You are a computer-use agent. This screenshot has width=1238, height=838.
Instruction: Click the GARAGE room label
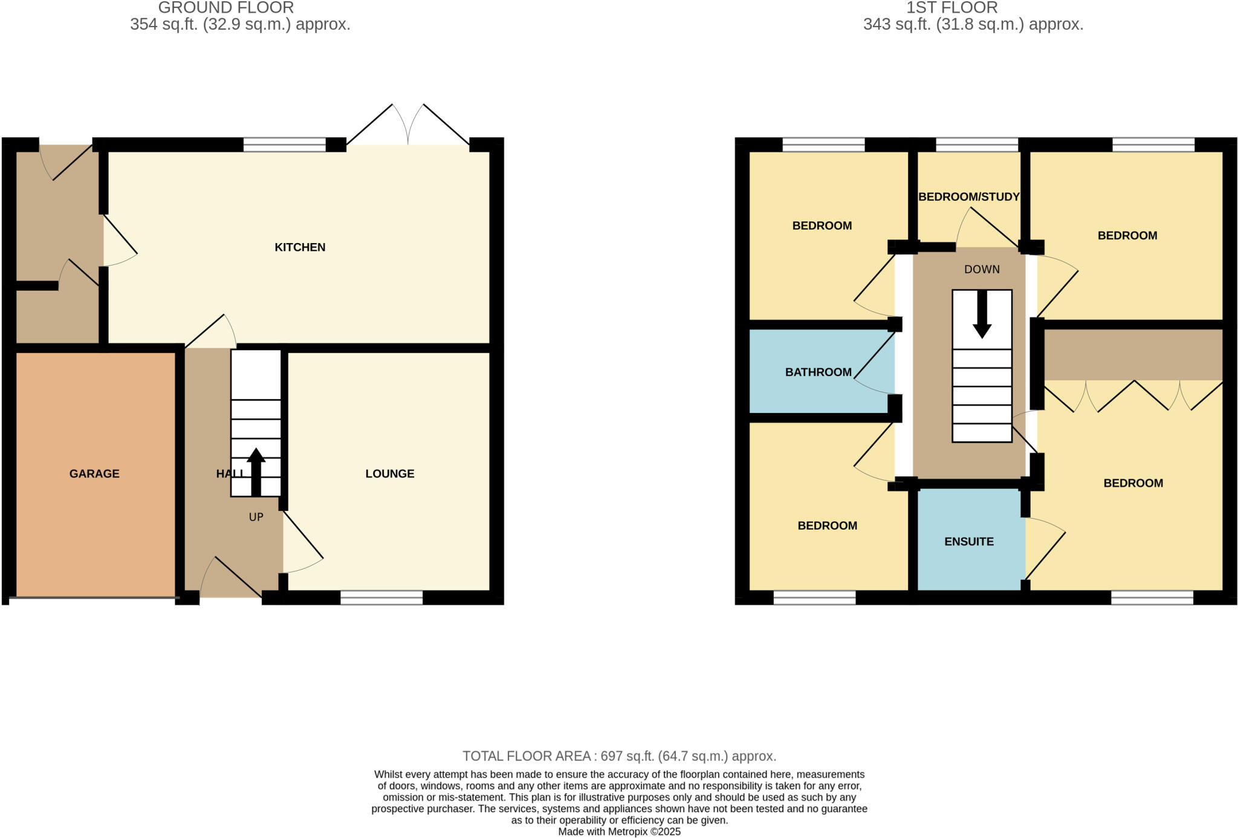94,473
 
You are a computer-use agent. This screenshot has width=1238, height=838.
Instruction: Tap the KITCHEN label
300,247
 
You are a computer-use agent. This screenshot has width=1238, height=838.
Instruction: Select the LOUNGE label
390,473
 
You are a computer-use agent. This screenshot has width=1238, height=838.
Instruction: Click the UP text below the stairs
256,517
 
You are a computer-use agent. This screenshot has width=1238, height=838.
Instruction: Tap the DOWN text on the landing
982,269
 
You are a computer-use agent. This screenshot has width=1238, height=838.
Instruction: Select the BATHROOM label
818,372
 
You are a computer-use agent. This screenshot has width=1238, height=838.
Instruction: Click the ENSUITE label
969,541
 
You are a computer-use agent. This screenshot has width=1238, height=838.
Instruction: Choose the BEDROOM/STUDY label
968,197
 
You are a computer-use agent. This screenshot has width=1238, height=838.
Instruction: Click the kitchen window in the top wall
284,145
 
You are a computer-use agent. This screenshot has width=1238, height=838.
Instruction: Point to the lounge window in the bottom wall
381,598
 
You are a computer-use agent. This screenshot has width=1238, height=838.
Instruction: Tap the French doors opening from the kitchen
408,130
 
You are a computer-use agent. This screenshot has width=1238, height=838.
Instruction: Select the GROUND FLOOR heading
226,8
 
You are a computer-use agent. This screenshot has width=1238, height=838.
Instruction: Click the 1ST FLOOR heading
951,8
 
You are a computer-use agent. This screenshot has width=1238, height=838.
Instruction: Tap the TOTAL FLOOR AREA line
619,756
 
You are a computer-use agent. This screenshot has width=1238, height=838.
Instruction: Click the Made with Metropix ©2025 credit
619,831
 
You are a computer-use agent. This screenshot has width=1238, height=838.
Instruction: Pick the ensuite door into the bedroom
1045,553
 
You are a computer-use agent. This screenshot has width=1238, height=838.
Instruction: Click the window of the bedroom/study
977,145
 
